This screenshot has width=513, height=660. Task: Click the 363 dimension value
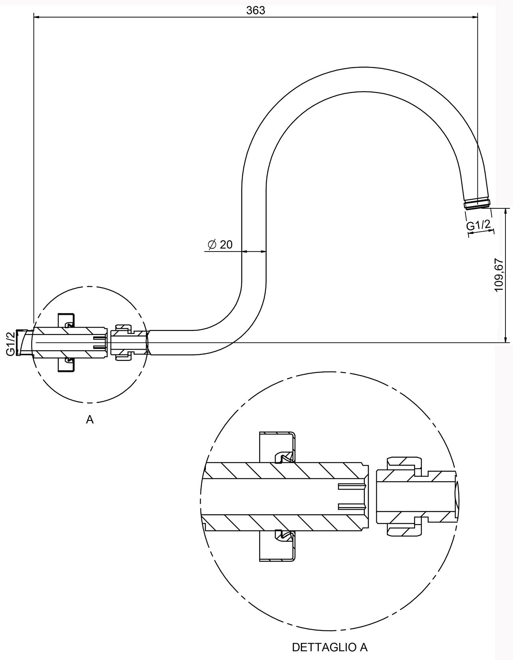(x=256, y=10)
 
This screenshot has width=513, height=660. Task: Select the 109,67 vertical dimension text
(x=498, y=274)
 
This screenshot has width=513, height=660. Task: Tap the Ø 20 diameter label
(x=221, y=244)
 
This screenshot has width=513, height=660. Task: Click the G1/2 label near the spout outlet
(x=478, y=225)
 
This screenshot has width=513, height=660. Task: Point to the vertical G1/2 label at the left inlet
(x=10, y=343)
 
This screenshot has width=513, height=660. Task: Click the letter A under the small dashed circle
(x=89, y=419)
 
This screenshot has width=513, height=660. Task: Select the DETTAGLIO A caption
(x=330, y=647)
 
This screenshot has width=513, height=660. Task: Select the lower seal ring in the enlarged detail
(x=284, y=535)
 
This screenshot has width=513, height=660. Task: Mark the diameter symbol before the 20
(x=212, y=244)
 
